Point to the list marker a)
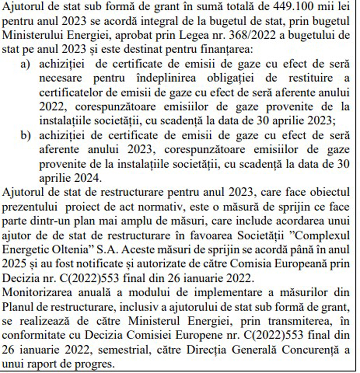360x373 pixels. [27, 66]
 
